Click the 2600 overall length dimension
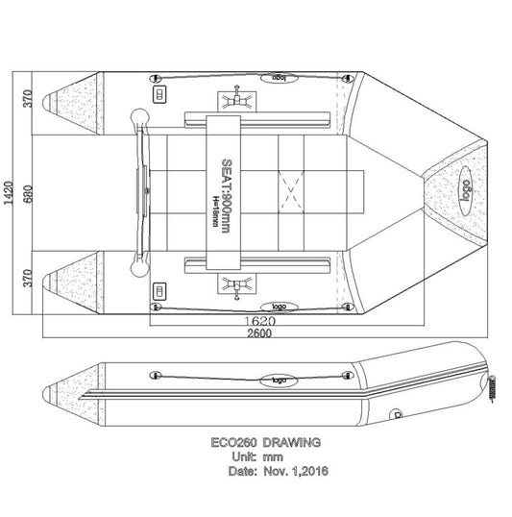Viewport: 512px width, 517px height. (256, 333)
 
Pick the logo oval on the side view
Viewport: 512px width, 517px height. (278, 379)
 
